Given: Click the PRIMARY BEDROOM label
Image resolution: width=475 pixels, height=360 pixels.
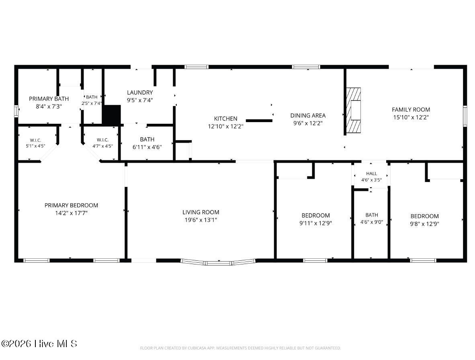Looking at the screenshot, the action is coord(71,205).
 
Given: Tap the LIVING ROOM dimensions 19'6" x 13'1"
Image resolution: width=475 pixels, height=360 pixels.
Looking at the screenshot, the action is coord(201,220).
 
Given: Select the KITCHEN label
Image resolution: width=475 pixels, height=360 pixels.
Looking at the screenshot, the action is coord(226,119).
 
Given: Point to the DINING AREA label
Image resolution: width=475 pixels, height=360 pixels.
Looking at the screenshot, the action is coord(308,115).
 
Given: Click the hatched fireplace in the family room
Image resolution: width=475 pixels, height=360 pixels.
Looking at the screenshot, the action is coord(354,110).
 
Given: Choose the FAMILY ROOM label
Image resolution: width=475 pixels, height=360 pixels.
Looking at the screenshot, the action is coord(411,110).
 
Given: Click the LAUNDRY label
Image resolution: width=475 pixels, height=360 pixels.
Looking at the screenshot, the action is coord(140,92).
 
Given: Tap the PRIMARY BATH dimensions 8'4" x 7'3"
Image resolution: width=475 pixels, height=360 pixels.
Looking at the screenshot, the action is coord(49,106).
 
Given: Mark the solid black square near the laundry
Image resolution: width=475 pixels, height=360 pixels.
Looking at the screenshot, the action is coord(111,115).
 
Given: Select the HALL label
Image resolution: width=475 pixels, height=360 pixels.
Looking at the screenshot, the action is coord(371,174).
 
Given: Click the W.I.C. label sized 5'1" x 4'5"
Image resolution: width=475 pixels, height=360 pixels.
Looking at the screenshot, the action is coord(35,140).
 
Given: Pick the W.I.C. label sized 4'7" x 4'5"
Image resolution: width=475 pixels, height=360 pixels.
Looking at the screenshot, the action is coord(103,140).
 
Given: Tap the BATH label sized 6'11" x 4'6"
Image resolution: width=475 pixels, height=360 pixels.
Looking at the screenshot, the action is coord(147,139).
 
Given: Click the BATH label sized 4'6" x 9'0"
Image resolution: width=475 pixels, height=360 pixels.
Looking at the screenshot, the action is coord(372,215).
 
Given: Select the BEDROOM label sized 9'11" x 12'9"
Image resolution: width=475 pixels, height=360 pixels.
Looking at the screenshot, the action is coord(315,216).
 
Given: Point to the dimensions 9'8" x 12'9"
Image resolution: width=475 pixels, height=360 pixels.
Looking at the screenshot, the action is coord(424,224).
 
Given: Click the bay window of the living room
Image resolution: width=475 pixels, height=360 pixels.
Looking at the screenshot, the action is coord(218,262).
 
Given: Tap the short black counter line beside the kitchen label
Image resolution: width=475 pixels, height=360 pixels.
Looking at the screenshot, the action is coord(259,121).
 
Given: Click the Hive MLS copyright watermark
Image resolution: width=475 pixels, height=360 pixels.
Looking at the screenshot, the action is coord(39,344).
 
